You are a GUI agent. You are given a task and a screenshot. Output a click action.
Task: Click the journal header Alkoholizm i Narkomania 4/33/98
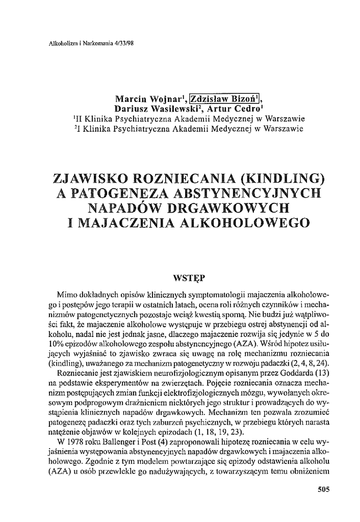(90, 43)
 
